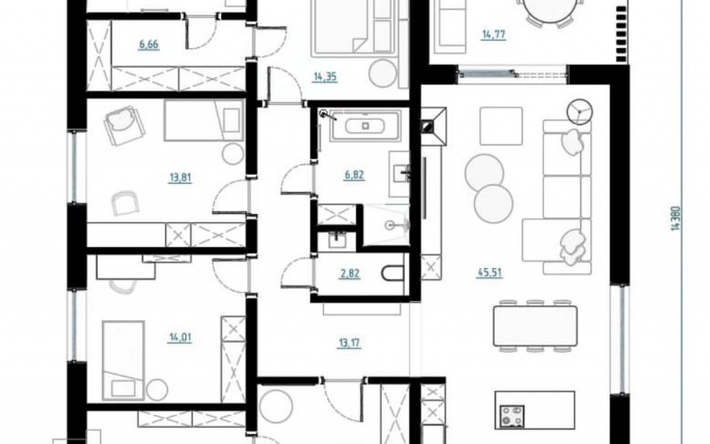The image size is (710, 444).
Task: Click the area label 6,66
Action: pos(149,44)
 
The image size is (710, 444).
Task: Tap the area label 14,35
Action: pos(325,76)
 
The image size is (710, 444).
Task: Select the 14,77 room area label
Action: pos(493,35)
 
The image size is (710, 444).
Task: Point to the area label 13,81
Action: pos(180,178)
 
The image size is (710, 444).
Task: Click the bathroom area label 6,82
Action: pos(354,175)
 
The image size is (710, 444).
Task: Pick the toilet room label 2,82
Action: pos(350,274)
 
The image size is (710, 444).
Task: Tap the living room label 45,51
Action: pos(490,273)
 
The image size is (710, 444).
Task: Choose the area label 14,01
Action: pos(180,337)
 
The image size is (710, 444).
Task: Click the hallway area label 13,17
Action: pos(349,343)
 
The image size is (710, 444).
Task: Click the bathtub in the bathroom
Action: pos(366,124)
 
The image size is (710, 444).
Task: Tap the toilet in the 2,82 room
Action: pos(392,274)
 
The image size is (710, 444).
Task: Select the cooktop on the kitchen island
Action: pos(512,416)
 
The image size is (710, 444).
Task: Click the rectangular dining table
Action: pos(535,325)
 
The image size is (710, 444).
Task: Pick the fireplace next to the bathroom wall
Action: pos(433,126)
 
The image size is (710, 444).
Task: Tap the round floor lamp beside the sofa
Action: pos(580,111)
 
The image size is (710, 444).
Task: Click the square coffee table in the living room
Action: pos(501,126)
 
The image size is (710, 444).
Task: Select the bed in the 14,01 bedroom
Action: pos(123,361)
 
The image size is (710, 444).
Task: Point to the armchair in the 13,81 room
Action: pos(122,124)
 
